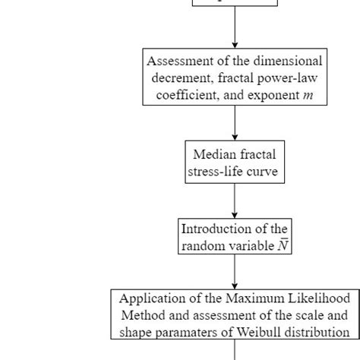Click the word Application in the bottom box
pyautogui.click(x=150, y=298)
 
